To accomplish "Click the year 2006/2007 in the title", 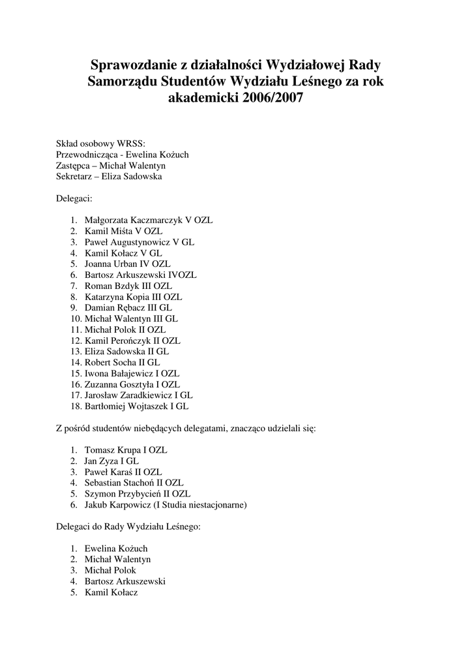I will click(x=269, y=100).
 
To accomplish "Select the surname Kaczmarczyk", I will click(x=160, y=220).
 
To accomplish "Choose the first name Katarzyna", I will click(x=106, y=297).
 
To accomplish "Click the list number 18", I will click(x=75, y=406).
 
